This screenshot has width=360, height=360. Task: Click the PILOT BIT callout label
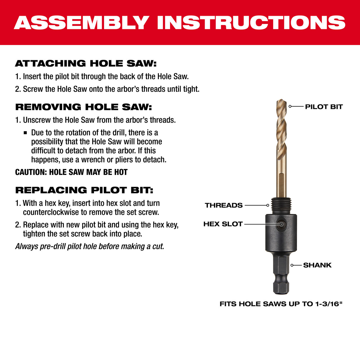324,107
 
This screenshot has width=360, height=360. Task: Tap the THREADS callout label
224,205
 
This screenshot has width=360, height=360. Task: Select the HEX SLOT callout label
223,224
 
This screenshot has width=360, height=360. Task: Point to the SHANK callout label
317,265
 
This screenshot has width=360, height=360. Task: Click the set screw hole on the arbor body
281,224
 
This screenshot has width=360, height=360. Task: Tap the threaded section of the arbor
281,205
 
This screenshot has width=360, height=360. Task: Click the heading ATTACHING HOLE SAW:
85,64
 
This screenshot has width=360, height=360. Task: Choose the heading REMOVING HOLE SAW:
84,107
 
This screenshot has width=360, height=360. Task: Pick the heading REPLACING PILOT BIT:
84,190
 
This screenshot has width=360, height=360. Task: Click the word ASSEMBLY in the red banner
82,22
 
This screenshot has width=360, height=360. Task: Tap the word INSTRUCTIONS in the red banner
251,22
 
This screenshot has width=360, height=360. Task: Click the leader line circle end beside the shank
292,265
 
